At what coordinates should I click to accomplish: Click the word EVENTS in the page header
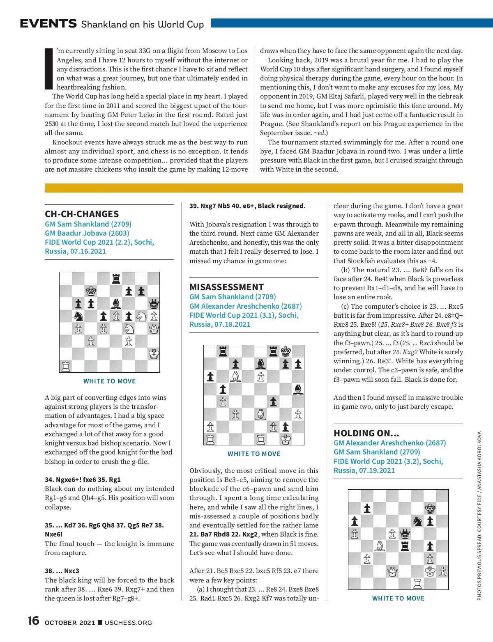coord(48,24)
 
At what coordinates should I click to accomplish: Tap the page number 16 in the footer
coord(33,621)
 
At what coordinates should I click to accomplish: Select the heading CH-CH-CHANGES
coord(82,214)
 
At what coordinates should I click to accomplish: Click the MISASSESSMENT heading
coord(226,287)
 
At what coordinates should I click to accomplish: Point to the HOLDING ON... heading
coord(366,433)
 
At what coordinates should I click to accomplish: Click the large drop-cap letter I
coord(49,69)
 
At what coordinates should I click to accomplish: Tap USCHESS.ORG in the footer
coord(128,623)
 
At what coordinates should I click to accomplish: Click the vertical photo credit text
coord(479,515)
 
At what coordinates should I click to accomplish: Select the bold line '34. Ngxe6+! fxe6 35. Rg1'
coord(83,479)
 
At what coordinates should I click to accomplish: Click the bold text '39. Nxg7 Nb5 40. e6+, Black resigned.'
coord(247,206)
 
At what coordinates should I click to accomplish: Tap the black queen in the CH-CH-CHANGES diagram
coord(154,304)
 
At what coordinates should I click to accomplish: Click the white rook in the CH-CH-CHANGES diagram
coord(66,366)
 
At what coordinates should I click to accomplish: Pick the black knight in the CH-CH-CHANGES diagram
coord(78,316)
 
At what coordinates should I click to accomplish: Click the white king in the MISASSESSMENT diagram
coord(286,439)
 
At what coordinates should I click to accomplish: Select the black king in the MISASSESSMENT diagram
coord(286,351)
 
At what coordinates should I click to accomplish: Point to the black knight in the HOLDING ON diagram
coord(417,521)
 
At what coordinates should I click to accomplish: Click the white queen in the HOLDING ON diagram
coord(392,571)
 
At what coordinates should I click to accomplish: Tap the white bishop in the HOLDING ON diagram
coord(380,546)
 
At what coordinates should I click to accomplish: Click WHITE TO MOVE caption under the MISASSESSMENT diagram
coord(254,454)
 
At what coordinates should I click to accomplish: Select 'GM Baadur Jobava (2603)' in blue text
coord(87,233)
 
